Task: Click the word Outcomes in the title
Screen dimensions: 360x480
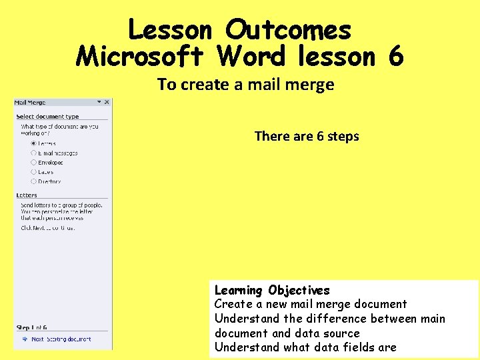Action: pos(287,29)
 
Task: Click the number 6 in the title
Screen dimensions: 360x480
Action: pos(395,57)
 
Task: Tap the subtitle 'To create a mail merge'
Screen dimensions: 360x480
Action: pos(245,85)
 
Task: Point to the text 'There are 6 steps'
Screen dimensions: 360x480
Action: pos(307,136)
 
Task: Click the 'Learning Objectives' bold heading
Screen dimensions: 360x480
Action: pos(272,290)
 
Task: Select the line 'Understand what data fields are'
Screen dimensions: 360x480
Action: pos(305,347)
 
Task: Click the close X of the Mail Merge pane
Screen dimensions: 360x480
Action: pos(107,102)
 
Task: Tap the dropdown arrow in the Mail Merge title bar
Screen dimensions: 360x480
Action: pos(99,102)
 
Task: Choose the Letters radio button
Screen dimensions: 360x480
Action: pos(33,143)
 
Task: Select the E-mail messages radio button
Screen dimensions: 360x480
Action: pos(33,153)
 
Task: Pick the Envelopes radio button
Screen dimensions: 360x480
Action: pos(33,162)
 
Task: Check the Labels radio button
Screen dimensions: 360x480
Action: pos(33,171)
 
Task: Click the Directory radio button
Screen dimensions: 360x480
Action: pos(33,181)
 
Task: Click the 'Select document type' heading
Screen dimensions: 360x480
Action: pos(47,117)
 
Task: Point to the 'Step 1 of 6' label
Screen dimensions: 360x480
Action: pos(32,327)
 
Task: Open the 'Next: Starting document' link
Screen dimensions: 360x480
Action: pos(61,339)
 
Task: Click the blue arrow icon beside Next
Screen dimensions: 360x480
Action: pos(23,339)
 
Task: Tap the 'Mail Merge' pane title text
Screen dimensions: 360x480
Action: pos(31,103)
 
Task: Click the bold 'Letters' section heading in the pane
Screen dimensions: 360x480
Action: pos(27,195)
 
